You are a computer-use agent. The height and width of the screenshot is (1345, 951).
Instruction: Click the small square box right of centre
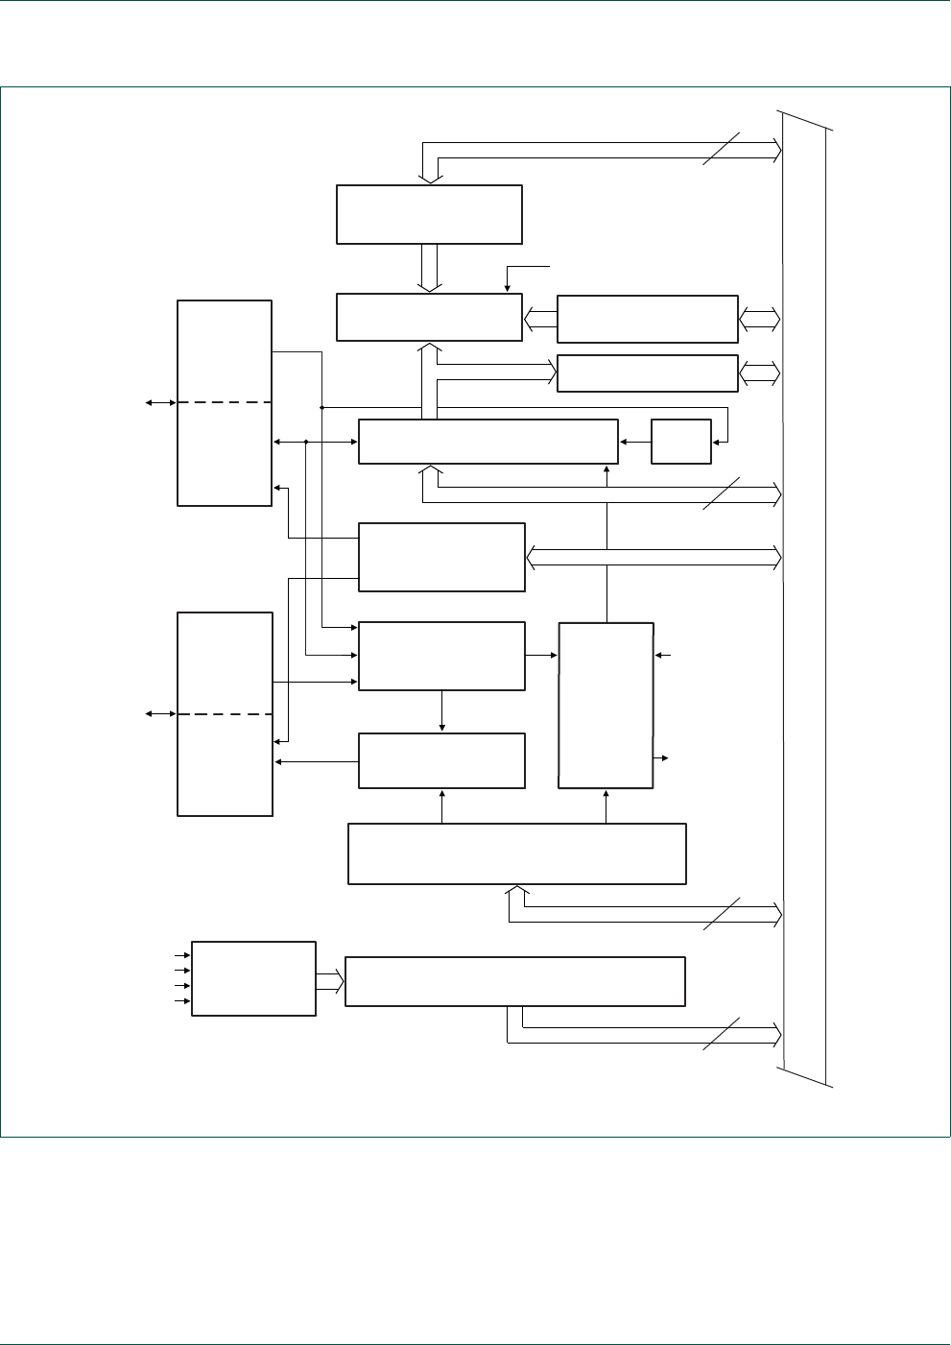coord(681,442)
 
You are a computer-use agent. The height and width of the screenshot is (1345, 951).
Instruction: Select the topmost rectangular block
coord(429,214)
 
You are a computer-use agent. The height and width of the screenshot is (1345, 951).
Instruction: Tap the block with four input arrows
coord(253,978)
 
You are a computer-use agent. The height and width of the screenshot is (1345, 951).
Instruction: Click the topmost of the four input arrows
coord(181,956)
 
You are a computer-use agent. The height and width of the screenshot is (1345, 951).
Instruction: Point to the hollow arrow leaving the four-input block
coord(329,981)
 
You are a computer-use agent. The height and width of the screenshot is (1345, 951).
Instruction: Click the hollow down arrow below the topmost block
coord(429,268)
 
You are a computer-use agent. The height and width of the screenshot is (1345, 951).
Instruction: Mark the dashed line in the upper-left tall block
coord(225,403)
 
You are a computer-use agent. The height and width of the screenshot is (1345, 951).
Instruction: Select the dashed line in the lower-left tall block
coord(225,714)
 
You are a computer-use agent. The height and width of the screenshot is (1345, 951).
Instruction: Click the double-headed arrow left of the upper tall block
coord(160,403)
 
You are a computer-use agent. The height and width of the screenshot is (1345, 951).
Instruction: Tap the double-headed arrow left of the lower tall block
coord(160,714)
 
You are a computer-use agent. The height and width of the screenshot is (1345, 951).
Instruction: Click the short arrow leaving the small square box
coord(634,442)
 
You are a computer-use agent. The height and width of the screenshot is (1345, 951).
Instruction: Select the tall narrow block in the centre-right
coord(606,706)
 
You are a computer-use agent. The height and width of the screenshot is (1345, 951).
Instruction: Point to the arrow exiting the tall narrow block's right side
coord(661,758)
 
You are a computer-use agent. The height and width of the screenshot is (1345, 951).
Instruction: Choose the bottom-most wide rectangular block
coord(514,981)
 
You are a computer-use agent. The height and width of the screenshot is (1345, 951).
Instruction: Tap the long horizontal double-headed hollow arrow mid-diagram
coord(654,557)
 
